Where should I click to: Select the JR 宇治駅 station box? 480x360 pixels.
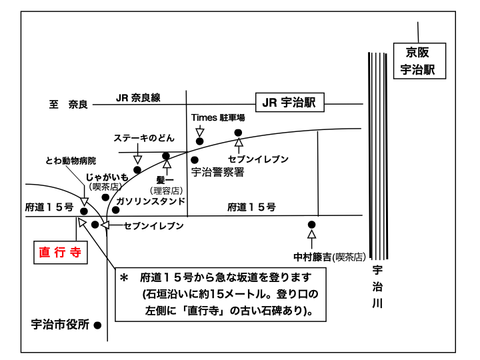click(289, 103)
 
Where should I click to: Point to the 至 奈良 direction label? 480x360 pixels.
click(68, 105)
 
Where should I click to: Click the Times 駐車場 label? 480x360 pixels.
click(218, 117)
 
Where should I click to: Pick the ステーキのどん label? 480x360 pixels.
click(144, 138)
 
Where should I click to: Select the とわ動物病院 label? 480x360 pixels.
click(71, 161)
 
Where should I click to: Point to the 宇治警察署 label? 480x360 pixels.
click(217, 172)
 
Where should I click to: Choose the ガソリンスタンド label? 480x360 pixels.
click(151, 201)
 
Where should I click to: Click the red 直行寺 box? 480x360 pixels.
click(61, 251)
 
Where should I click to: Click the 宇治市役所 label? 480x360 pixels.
click(60, 325)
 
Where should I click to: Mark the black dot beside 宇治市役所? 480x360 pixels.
click(97, 326)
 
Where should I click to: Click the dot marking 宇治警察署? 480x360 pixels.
click(195, 160)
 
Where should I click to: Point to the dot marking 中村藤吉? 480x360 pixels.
click(311, 225)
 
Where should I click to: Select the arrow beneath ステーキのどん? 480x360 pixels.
click(138, 158)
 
